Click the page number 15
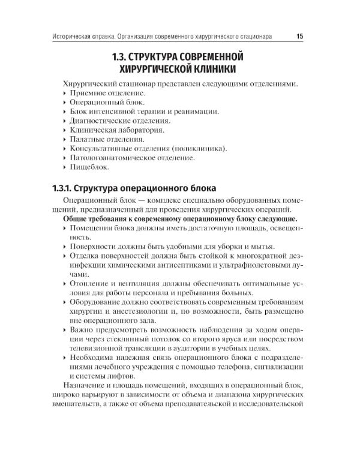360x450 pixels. (299, 37)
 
